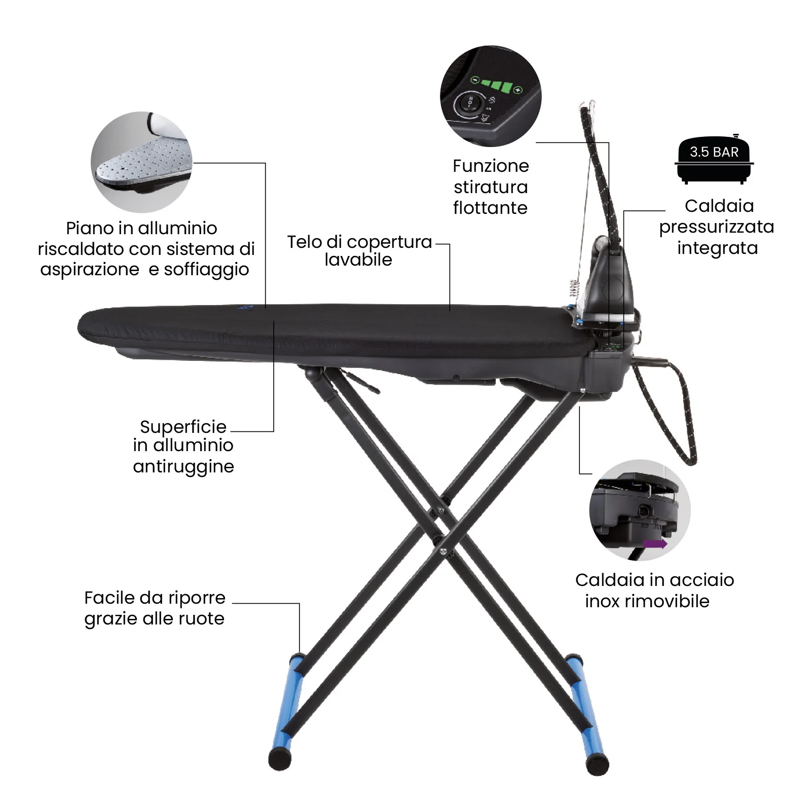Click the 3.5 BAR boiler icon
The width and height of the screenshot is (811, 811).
[x=714, y=160]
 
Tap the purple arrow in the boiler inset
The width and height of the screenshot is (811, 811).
[x=654, y=544]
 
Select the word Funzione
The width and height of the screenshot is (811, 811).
[x=490, y=166]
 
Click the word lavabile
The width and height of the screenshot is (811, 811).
[x=358, y=260]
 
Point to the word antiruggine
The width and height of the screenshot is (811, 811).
[x=183, y=467]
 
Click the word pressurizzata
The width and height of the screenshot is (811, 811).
[x=716, y=227]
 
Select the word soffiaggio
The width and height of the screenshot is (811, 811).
[x=206, y=270]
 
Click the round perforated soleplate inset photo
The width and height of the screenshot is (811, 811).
[x=141, y=162]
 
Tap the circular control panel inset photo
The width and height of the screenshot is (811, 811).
[x=490, y=96]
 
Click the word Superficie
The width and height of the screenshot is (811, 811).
[x=183, y=427]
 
